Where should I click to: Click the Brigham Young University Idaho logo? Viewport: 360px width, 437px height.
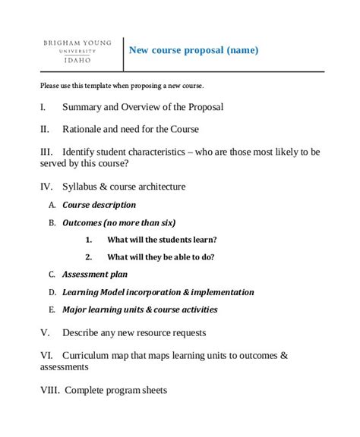(x=79, y=52)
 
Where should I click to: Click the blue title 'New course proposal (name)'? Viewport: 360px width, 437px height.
(x=194, y=51)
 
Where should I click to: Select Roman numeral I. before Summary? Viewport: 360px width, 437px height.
(x=43, y=108)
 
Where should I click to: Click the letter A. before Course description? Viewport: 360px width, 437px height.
(x=52, y=205)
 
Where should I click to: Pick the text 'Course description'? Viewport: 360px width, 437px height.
(x=99, y=205)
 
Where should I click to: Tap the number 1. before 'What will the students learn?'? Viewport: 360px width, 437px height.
(x=89, y=240)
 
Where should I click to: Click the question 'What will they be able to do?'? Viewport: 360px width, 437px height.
(x=161, y=257)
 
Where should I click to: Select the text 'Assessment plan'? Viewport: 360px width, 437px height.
(x=95, y=275)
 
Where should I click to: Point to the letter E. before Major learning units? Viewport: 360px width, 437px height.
(x=52, y=310)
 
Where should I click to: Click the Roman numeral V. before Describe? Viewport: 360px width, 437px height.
(x=44, y=332)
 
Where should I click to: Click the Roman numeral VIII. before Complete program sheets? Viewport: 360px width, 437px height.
(x=49, y=391)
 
